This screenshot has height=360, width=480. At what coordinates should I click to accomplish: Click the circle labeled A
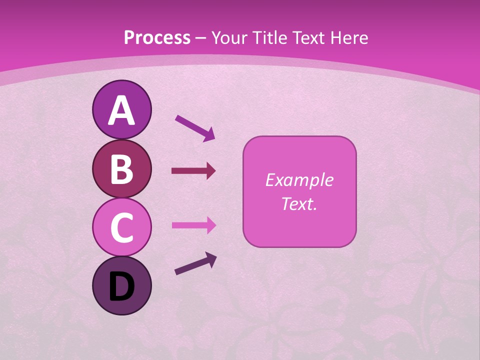tap(122, 109)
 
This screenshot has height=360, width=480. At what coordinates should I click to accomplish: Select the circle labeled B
tap(122, 168)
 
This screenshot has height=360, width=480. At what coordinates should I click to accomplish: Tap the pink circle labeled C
tap(122, 227)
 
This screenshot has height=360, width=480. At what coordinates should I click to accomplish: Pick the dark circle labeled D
tap(122, 286)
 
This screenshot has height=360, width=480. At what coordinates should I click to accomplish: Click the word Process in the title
tap(157, 37)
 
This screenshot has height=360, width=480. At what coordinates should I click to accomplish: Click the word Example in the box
tap(299, 180)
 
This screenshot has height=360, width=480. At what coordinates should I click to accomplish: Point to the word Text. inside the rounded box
tap(299, 203)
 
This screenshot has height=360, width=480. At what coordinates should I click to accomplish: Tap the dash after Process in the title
tap(201, 38)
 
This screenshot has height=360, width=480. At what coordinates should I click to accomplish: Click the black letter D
tap(122, 287)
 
